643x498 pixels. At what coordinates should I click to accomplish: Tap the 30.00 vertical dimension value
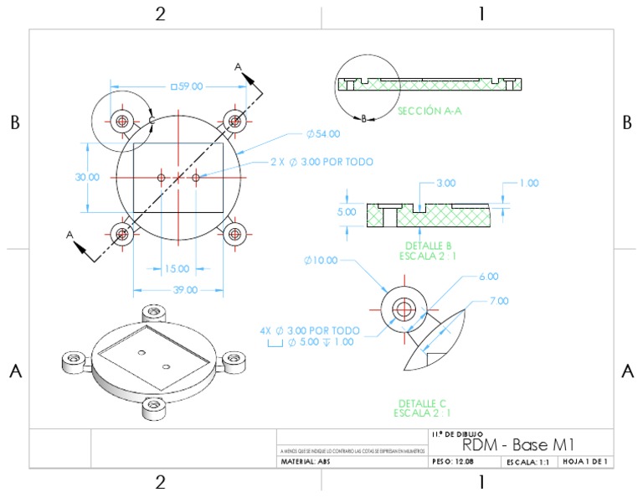[x=87, y=177]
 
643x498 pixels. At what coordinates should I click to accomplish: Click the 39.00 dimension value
[x=185, y=290]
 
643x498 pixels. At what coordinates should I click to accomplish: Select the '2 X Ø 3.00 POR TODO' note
[x=321, y=162]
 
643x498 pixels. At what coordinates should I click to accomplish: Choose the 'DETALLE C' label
[x=425, y=402]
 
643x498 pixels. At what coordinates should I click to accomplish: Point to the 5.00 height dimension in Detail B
[x=347, y=212]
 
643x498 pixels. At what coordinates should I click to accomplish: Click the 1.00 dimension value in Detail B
[x=528, y=183]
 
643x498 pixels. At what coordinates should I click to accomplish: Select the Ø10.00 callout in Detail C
[x=321, y=260]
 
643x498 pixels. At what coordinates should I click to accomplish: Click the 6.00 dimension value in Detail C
[x=488, y=276]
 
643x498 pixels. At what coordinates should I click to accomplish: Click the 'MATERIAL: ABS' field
[x=311, y=462]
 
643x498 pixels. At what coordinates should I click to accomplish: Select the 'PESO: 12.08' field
[x=459, y=462]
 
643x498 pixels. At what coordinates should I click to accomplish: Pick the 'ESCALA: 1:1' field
[x=528, y=462]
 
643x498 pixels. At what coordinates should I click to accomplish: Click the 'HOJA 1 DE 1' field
[x=585, y=462]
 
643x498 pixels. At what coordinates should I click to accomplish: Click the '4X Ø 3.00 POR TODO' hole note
[x=311, y=330]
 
